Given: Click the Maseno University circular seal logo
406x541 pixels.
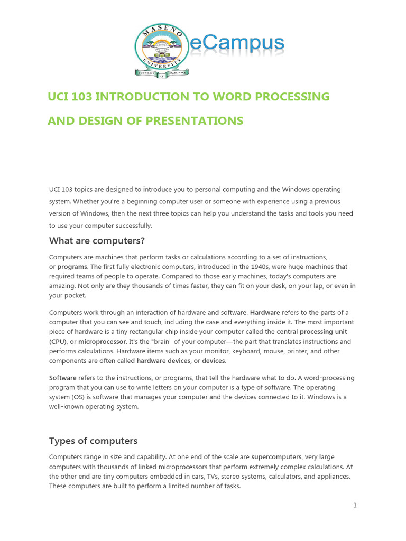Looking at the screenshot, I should click(x=161, y=50).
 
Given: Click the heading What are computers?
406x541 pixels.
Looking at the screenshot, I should click(x=97, y=241).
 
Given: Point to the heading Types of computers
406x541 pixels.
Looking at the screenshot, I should click(x=93, y=441).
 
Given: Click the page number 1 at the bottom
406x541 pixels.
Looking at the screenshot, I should click(x=355, y=505).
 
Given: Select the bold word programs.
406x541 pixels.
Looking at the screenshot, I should click(x=72, y=267).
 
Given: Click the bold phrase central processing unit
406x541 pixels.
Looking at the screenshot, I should click(x=312, y=332).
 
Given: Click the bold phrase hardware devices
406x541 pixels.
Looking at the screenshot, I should click(x=163, y=361).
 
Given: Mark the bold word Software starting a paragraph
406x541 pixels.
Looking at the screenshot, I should click(x=63, y=378).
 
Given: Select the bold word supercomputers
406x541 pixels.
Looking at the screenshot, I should click(x=276, y=456).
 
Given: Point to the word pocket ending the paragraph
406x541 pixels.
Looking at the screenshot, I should click(x=75, y=296).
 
